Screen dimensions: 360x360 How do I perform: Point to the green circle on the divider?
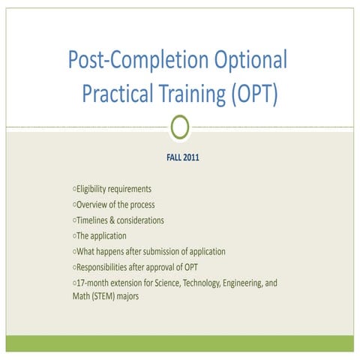pos(179,128)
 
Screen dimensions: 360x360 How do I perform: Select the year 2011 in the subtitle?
pos(192,160)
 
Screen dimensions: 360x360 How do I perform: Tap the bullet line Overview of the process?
pos(113,205)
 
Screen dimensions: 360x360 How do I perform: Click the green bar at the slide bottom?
pos(179,343)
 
